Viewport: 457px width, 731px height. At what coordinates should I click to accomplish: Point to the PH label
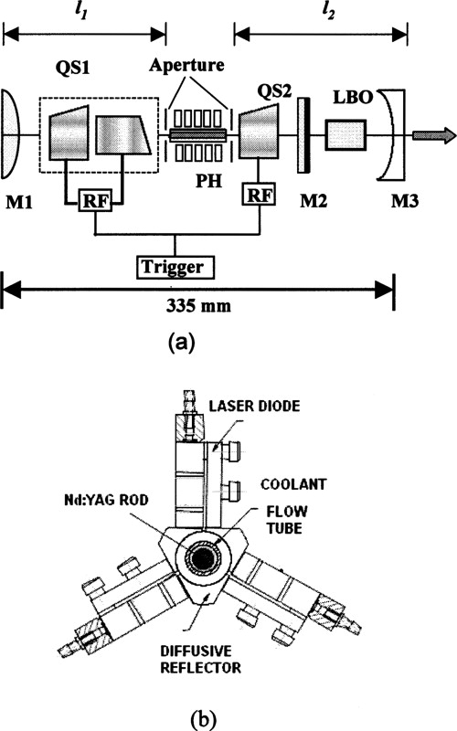pos(199,191)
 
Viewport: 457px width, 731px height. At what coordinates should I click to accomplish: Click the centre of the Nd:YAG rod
pos(199,560)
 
